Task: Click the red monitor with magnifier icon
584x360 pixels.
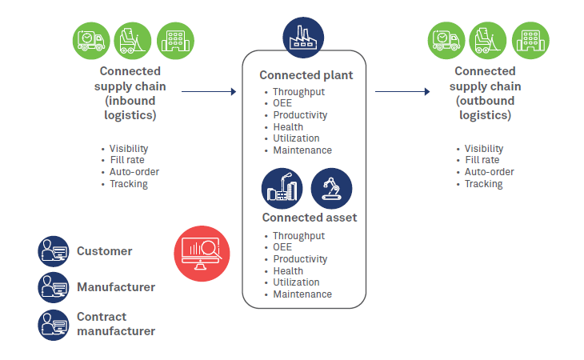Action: click(x=202, y=254)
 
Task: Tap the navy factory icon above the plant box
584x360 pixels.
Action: click(x=304, y=36)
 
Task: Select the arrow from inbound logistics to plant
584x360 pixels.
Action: click(x=209, y=92)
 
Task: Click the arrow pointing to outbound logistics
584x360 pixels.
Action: click(x=402, y=92)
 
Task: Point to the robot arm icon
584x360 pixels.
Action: click(x=331, y=188)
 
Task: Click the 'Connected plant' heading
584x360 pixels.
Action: click(x=306, y=75)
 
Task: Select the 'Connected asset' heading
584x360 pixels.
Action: click(x=309, y=217)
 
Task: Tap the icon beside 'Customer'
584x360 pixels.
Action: click(x=54, y=251)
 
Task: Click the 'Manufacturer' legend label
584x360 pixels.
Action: click(x=116, y=286)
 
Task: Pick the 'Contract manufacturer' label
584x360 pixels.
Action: click(x=116, y=323)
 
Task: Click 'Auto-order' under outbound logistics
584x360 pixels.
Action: click(x=490, y=172)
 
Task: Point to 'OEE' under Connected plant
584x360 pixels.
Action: click(x=282, y=103)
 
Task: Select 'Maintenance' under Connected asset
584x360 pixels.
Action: click(x=302, y=294)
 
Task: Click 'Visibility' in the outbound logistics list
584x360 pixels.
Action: click(x=484, y=148)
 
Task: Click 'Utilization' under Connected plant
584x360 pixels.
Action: click(x=296, y=138)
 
